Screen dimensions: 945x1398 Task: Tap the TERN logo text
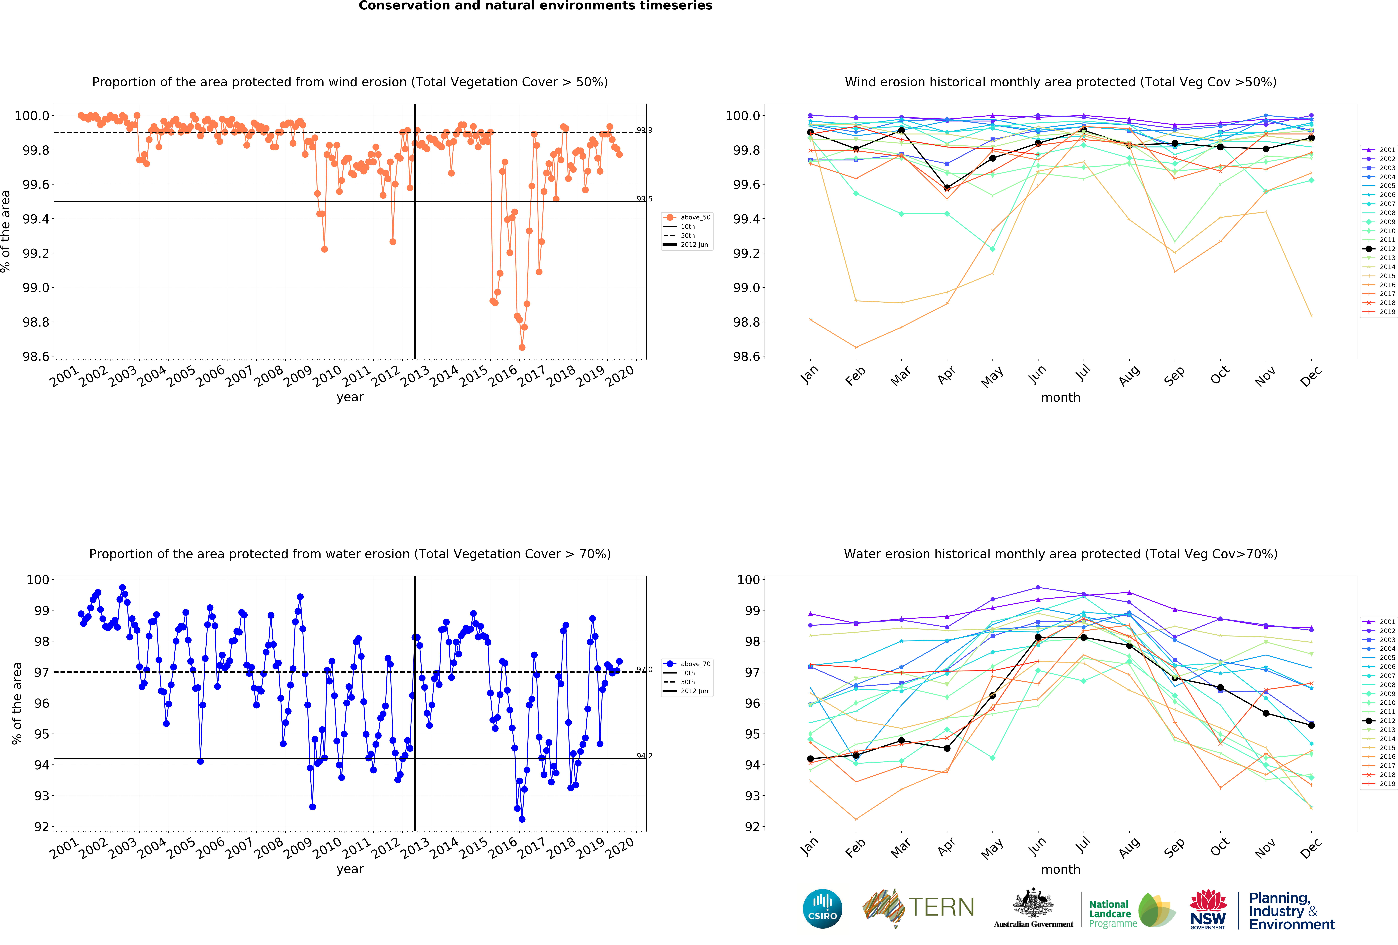(x=941, y=907)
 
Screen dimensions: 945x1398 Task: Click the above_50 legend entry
(x=695, y=217)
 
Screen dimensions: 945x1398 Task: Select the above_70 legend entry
(x=695, y=664)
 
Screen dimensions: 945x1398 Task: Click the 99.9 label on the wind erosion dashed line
(x=644, y=130)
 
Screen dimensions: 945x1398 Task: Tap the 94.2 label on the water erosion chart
(x=644, y=756)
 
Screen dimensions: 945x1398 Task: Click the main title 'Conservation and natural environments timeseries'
(x=535, y=6)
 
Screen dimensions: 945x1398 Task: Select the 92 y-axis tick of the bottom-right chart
(x=752, y=826)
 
